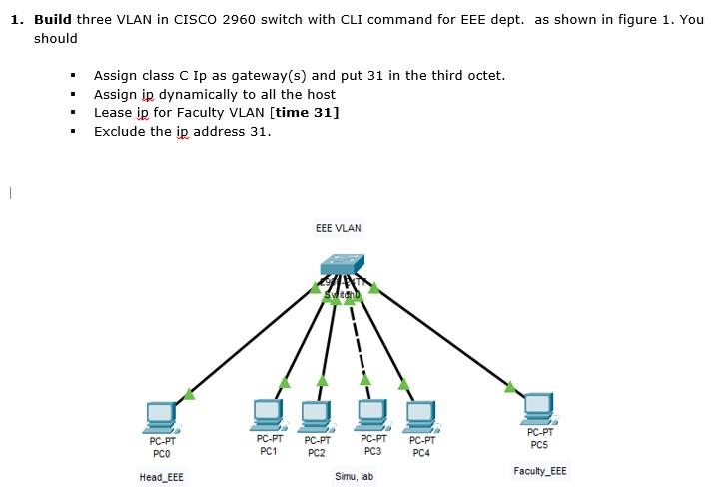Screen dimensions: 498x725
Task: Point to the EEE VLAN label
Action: [339, 228]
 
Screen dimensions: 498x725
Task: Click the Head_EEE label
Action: [161, 477]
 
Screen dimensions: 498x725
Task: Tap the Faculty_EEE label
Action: [540, 471]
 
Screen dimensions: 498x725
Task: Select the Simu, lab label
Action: [354, 477]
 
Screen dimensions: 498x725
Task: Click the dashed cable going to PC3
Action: [360, 344]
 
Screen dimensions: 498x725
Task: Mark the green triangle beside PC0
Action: [189, 395]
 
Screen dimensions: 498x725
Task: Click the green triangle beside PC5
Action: [511, 387]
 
